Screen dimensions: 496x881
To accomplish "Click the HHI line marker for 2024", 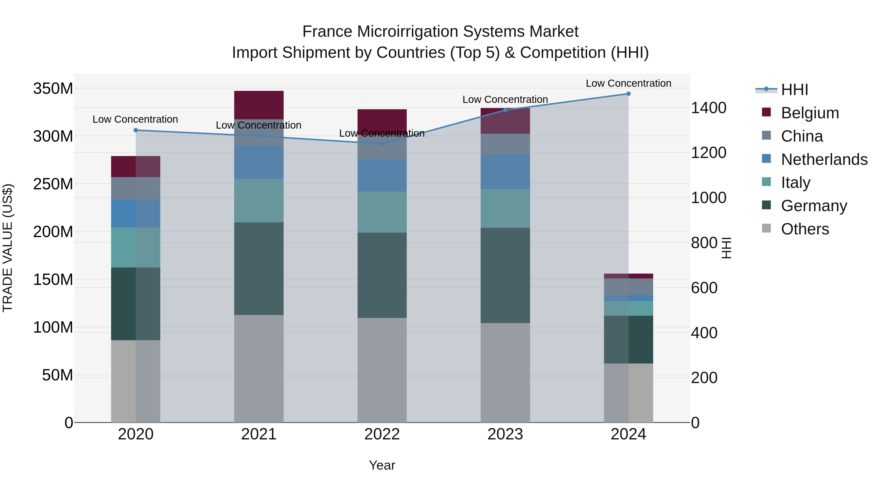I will pos(628,94).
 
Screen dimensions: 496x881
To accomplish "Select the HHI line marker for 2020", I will pos(136,130).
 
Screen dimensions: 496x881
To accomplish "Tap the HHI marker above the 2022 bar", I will pos(382,144).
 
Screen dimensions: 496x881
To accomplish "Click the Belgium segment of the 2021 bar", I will pos(259,105).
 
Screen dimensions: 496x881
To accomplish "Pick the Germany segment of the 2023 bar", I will pos(505,275).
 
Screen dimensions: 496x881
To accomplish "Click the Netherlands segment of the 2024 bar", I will pos(628,298).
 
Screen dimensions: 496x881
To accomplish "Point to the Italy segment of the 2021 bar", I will pos(259,201).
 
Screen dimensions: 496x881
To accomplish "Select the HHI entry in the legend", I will pos(794,90).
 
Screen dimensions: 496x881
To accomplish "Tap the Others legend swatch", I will pos(766,228).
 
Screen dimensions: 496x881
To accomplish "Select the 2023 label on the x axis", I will pos(505,434).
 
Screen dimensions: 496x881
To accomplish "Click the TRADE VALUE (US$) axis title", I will pos(8,248).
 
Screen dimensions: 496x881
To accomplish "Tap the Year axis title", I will pos(382,465).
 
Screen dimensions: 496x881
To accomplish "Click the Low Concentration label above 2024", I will pos(628,83).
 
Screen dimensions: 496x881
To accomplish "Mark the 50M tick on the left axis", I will pos(57,375).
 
